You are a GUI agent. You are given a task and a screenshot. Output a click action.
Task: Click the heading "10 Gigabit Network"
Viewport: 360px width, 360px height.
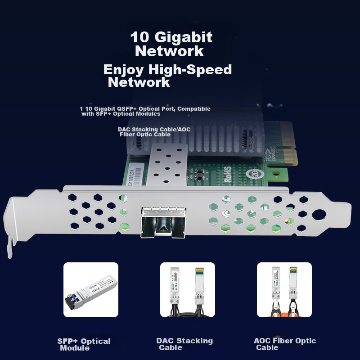171,44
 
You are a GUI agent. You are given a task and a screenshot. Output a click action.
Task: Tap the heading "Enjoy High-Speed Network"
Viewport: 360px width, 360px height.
167,76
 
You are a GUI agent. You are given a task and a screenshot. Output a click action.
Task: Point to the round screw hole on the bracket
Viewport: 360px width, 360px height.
319,215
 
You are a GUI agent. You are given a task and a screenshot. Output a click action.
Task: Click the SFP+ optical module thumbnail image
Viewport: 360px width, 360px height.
91,290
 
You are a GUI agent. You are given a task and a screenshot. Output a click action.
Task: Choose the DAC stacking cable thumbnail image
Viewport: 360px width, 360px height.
188,290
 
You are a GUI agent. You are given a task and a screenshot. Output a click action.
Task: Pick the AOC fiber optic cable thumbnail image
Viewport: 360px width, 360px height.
284,290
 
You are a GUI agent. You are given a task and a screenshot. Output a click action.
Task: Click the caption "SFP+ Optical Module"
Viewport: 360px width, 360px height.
84,344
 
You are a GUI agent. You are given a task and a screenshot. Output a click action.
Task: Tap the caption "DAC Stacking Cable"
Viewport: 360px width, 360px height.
184,344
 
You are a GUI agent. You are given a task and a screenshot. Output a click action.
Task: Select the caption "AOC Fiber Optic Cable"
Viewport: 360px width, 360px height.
285,344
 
